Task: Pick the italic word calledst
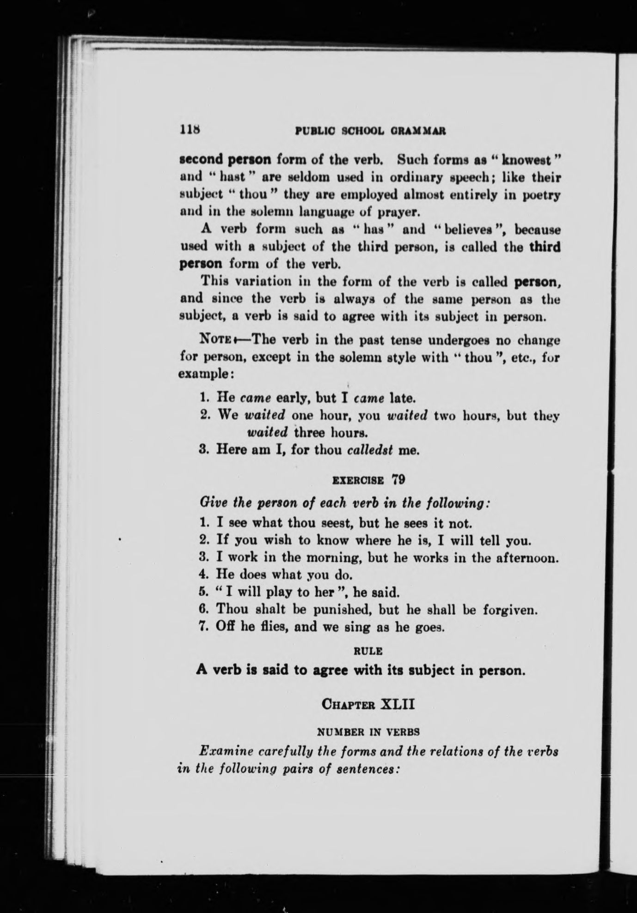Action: [369, 450]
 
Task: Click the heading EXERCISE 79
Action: [369, 479]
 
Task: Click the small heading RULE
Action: [367, 651]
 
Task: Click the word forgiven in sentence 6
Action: [509, 610]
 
